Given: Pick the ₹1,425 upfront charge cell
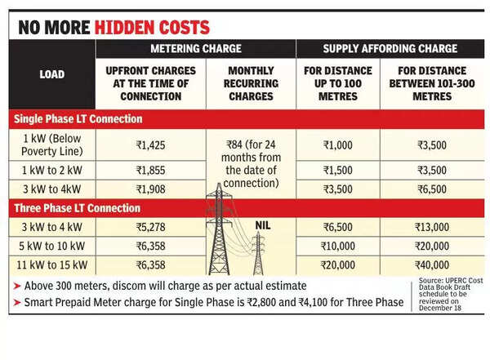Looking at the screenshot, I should click(x=152, y=145).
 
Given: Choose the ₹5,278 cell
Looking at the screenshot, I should click(x=152, y=224).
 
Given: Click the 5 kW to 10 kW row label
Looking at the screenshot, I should click(x=51, y=245).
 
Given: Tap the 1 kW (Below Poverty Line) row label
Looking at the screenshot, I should click(x=51, y=145).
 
